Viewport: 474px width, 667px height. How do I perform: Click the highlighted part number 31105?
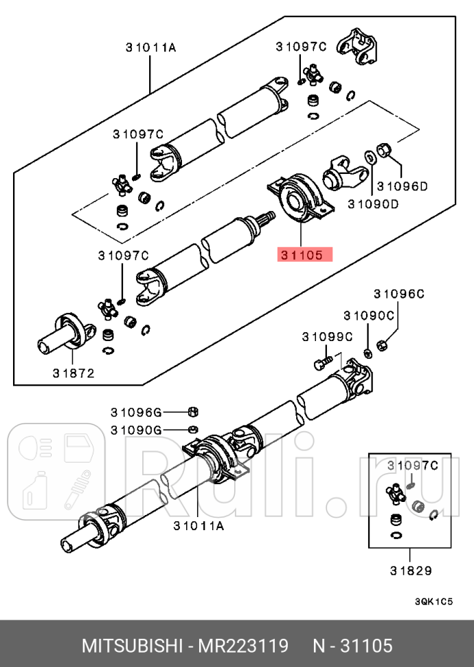click(304, 255)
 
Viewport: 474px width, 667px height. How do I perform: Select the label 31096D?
click(402, 186)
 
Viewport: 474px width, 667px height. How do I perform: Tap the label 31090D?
click(373, 204)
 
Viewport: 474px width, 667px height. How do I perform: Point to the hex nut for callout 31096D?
click(385, 149)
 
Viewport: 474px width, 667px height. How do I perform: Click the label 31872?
click(72, 373)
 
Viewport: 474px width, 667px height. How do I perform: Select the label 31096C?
click(399, 294)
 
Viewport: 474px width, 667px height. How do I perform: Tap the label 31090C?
click(369, 316)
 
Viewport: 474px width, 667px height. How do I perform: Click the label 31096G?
click(136, 412)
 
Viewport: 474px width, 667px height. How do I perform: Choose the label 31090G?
click(136, 430)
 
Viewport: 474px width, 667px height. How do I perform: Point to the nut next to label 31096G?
click(194, 412)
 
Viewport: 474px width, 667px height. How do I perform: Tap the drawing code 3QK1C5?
click(433, 602)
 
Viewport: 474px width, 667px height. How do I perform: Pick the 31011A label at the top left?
click(150, 47)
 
